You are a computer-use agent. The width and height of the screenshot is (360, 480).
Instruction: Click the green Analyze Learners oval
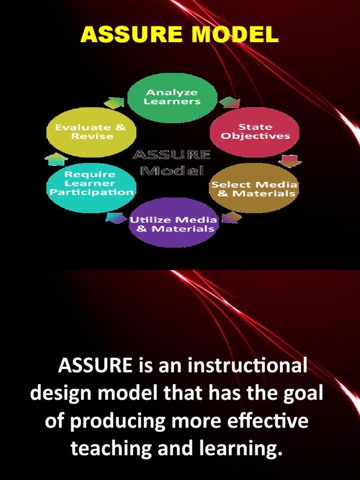point(172,97)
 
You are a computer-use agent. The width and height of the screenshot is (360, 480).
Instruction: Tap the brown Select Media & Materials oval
point(254,188)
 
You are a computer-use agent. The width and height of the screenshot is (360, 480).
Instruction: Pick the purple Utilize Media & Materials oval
point(173,224)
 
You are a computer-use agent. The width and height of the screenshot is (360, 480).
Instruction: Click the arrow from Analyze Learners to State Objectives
point(229,102)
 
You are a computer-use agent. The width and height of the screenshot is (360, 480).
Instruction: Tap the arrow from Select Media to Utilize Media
point(232,217)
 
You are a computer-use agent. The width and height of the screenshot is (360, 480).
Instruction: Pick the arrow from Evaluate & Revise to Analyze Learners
point(114,102)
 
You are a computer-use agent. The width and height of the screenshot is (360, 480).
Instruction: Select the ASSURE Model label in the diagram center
point(172,162)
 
